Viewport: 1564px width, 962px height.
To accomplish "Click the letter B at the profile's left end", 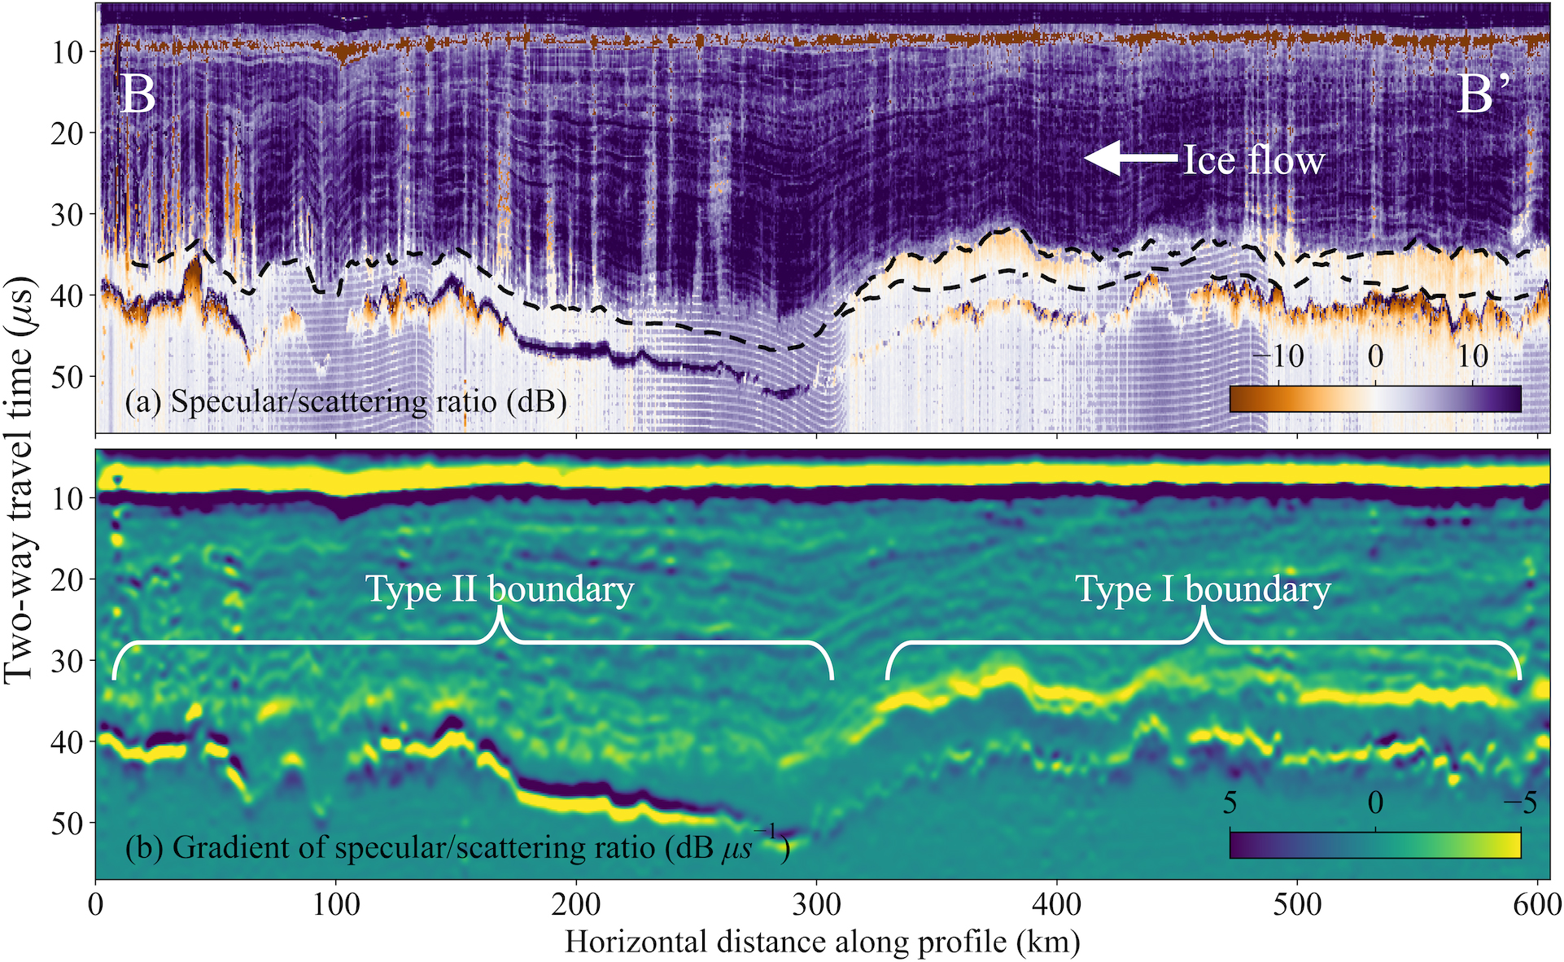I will tap(138, 95).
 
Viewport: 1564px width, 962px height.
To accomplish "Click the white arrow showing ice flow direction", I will tap(1132, 159).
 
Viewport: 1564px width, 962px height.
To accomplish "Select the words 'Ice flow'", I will tap(1253, 160).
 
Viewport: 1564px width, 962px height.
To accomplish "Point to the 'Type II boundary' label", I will tap(499, 588).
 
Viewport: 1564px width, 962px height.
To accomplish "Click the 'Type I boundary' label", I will tap(1204, 588).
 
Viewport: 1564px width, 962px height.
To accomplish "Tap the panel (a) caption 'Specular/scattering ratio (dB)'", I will tap(346, 401).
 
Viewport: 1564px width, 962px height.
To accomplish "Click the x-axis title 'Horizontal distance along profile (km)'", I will tap(822, 942).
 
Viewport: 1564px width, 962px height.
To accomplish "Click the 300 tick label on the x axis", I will tap(816, 904).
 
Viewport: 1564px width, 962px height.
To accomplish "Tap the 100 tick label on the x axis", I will tap(336, 904).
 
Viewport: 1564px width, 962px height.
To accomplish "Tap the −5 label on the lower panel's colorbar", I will tap(1518, 802).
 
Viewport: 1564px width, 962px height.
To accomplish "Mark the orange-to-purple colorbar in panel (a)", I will tap(1375, 399).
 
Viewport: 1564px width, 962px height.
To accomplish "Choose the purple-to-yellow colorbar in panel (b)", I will tap(1375, 845).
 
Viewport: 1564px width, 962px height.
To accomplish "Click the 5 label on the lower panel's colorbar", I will tap(1230, 802).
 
